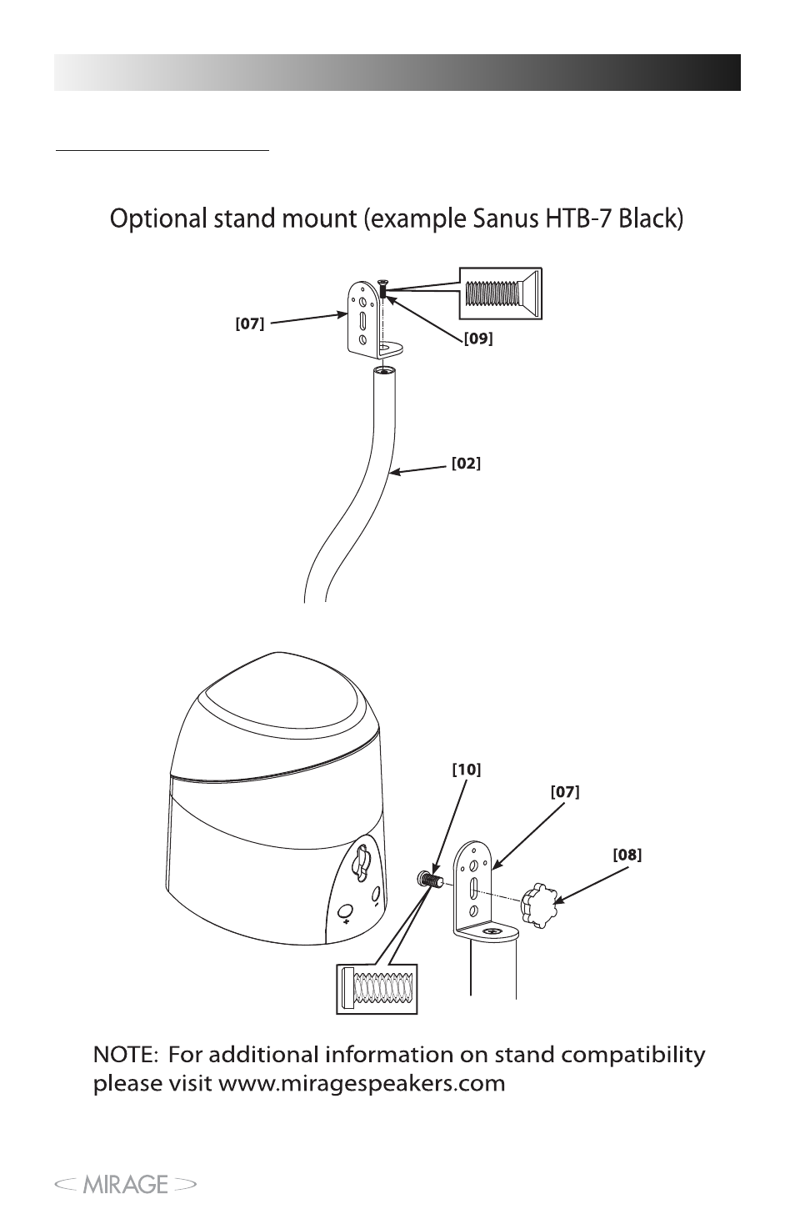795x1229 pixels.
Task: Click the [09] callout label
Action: click(478, 339)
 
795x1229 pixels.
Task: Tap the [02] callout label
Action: click(466, 464)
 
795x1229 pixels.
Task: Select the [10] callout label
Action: click(467, 770)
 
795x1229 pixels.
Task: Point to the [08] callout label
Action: click(627, 855)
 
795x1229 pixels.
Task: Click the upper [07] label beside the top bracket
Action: click(250, 324)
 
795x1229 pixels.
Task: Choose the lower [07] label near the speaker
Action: click(565, 792)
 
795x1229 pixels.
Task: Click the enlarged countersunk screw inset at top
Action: click(500, 293)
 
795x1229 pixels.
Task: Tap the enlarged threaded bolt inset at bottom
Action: click(377, 989)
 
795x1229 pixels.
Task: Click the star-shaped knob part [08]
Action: click(537, 907)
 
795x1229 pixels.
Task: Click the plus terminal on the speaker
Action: click(344, 911)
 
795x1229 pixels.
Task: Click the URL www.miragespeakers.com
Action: click(362, 1084)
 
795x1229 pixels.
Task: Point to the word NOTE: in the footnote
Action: click(126, 1055)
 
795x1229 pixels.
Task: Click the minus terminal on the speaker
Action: click(376, 895)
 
